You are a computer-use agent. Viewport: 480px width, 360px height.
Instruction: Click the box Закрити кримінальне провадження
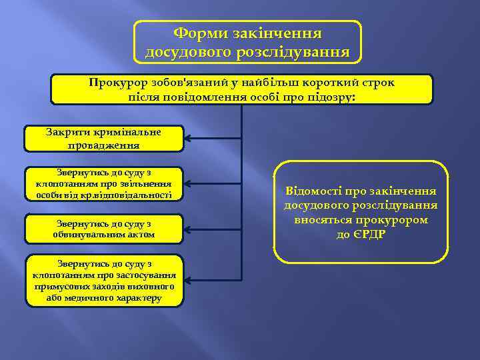[103, 138]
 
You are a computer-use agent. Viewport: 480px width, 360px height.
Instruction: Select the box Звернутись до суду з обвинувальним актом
[103, 229]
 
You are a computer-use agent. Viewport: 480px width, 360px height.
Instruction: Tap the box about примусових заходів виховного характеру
[103, 281]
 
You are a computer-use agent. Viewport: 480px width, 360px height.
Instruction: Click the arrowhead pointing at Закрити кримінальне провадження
[189, 139]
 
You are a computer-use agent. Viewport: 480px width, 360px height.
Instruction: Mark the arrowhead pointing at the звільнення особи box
[189, 182]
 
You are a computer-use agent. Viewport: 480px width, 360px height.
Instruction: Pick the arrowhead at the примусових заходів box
[189, 279]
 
